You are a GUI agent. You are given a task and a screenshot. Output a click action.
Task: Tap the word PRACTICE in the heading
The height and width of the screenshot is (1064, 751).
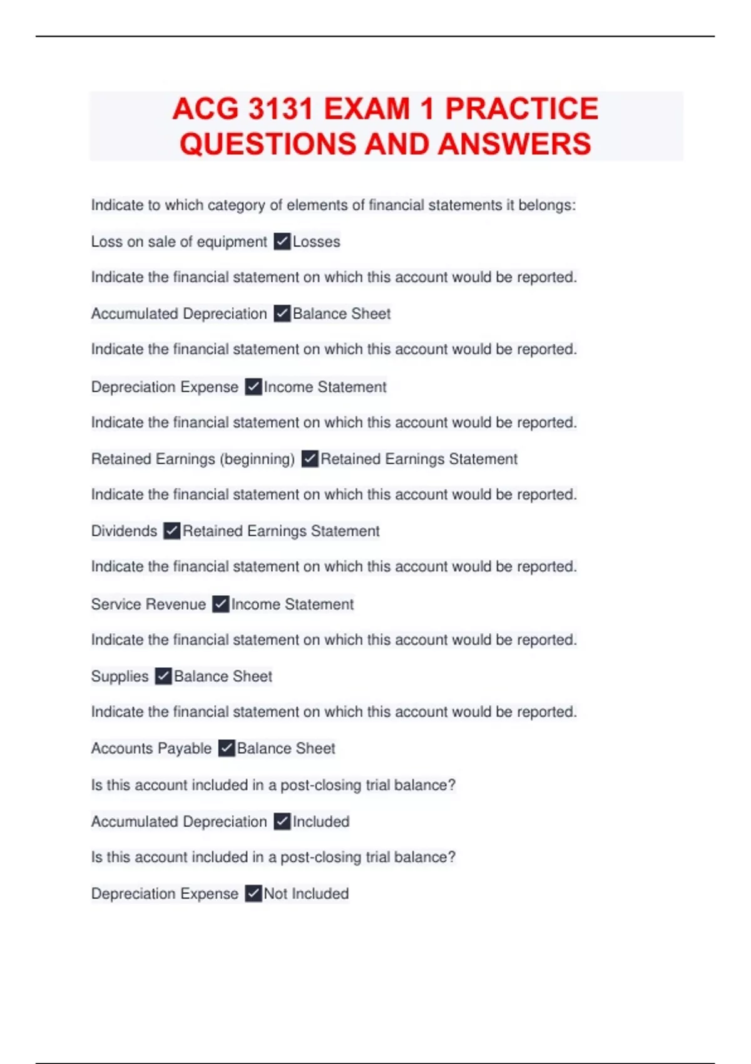pos(521,109)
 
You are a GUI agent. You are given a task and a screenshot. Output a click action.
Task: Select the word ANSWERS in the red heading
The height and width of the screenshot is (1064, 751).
pos(514,144)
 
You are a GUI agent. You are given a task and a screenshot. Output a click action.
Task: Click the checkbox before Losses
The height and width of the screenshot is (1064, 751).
pos(282,242)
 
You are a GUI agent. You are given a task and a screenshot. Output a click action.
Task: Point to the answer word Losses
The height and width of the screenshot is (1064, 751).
pos(317,242)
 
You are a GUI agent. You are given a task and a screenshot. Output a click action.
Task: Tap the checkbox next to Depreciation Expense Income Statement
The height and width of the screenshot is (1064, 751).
pos(253,387)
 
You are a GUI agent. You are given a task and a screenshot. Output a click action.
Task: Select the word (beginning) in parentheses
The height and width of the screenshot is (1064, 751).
pos(257,459)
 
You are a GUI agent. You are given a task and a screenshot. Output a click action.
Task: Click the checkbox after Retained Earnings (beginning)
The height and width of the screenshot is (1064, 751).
pos(310,459)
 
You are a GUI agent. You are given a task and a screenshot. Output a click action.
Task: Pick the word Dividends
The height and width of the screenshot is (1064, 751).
pos(124,531)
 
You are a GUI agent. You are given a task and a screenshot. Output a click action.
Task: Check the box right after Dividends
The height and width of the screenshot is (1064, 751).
pos(171,531)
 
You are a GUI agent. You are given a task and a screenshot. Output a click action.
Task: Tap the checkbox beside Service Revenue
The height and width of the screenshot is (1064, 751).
pos(220,604)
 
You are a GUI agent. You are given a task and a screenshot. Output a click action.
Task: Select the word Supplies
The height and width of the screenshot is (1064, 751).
pos(120,676)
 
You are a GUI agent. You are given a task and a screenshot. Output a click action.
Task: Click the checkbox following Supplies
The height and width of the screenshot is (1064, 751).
pos(163,676)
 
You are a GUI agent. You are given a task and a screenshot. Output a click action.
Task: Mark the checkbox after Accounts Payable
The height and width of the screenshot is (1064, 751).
pos(227,748)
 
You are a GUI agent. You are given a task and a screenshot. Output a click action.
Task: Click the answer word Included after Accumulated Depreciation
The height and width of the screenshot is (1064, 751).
pos(321,821)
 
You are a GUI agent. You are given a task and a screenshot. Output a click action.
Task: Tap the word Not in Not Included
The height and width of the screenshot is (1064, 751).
pos(275,894)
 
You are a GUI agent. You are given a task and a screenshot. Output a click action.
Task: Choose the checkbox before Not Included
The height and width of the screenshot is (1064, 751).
pos(253,893)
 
